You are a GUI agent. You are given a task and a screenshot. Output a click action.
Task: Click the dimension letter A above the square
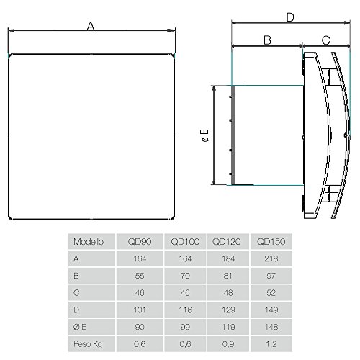(x=91, y=27)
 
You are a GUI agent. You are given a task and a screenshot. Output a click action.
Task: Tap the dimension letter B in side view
(x=266, y=41)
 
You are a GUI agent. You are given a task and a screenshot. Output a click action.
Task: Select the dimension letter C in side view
(x=325, y=41)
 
